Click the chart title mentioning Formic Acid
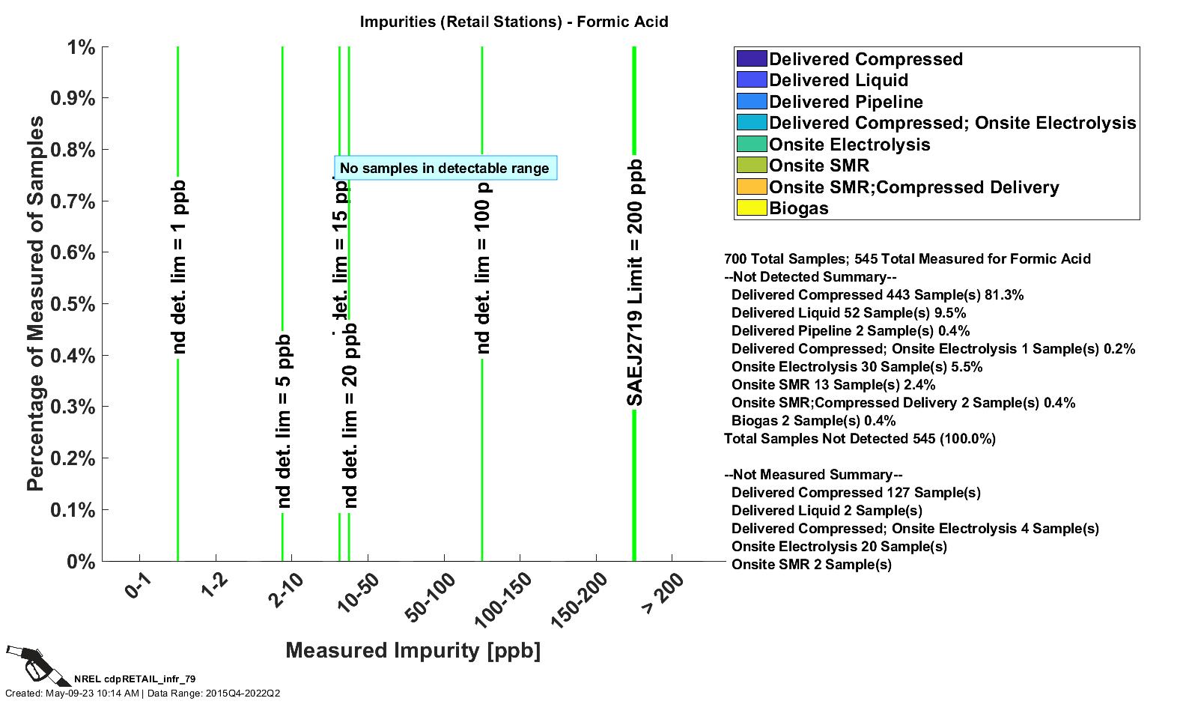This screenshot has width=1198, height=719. [x=514, y=22]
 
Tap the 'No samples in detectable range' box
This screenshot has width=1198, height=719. [x=445, y=169]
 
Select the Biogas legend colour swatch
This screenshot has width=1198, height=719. [x=752, y=208]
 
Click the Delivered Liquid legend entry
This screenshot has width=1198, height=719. [x=839, y=80]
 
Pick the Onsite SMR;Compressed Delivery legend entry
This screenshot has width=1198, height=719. [x=913, y=187]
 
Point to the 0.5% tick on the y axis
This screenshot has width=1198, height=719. [x=73, y=304]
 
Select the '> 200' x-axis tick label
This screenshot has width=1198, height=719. [x=663, y=594]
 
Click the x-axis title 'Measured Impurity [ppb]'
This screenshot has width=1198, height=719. [x=413, y=650]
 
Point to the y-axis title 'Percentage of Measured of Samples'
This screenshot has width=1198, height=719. [x=35, y=303]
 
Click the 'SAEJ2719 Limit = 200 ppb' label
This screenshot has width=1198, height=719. [x=635, y=283]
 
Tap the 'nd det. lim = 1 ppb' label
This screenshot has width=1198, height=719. [x=178, y=267]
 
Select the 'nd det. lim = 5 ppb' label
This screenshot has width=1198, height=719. [x=283, y=422]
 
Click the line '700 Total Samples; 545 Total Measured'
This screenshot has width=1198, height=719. [x=907, y=259]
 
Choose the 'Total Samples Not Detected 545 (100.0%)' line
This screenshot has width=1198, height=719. [x=860, y=439]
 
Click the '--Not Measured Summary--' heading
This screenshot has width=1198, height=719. [x=813, y=475]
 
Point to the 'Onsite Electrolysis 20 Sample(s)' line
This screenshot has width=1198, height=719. [x=839, y=547]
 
